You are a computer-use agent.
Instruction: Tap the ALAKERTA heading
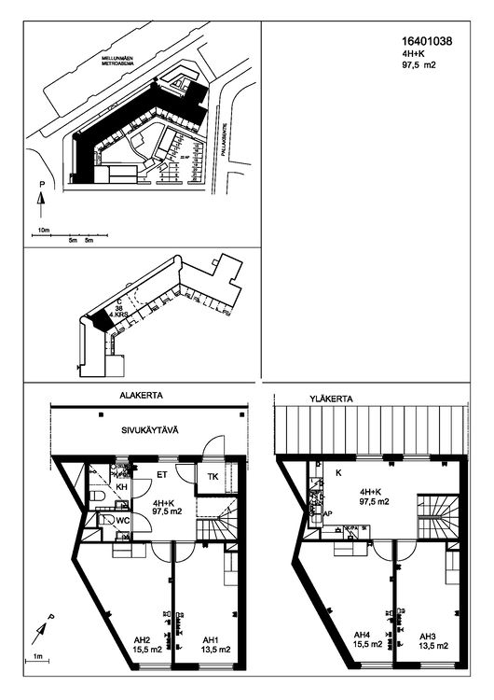pos(141,396)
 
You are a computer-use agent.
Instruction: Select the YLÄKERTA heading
pos(330,399)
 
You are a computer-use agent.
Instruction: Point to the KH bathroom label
pos(120,487)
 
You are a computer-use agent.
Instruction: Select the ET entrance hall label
pos(161,475)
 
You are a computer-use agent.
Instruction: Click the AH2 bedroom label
pos(143,640)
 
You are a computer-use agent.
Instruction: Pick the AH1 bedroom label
pos(212,640)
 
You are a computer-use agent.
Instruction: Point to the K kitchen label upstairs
pos(337,473)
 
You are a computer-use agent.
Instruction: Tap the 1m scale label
pos(39,658)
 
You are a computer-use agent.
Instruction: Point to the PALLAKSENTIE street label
pos(225,149)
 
